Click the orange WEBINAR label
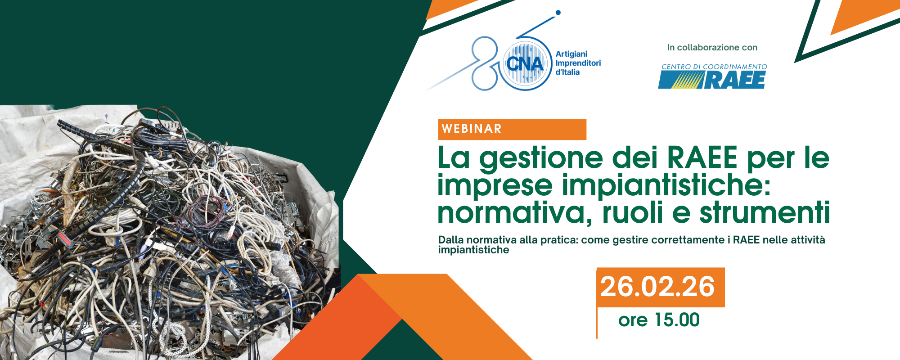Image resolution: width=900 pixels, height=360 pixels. [512, 129]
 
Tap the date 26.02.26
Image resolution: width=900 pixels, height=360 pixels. [657, 287]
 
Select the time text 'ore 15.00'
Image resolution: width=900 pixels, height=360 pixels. [659, 320]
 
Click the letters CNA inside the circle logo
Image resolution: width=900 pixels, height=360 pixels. [525, 64]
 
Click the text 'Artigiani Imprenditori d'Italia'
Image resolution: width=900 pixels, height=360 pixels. [578, 63]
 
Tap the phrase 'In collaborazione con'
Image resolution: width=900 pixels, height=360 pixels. [712, 47]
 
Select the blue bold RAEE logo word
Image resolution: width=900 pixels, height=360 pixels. [735, 80]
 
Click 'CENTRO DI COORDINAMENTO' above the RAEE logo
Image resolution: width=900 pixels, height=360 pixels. [714, 67]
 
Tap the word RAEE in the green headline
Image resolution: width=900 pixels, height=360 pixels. [702, 157]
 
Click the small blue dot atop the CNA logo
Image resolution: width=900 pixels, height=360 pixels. [558, 13]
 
